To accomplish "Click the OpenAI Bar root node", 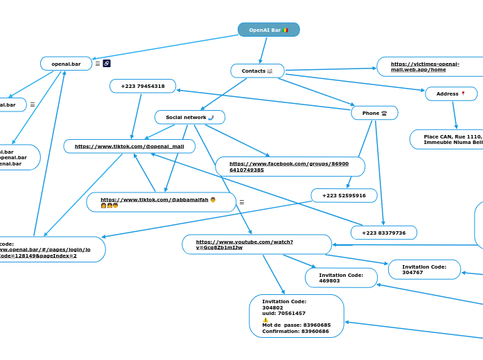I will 268,30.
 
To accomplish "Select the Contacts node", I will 257,71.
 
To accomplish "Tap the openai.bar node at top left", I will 66,64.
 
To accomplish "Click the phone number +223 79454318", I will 143,86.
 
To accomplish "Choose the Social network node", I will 189,117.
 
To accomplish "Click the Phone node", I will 374,113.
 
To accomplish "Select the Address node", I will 450,93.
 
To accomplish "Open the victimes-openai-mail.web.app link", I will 425,66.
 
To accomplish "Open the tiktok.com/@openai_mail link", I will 130,146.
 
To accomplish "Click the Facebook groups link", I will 289,166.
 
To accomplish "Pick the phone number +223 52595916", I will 344,195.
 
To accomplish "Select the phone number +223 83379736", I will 383,233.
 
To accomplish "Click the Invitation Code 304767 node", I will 424,269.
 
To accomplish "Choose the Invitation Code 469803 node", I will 340,278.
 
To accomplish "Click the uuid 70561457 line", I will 283,313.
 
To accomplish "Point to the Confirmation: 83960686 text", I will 295,331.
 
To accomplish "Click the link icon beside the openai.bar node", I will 107,64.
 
